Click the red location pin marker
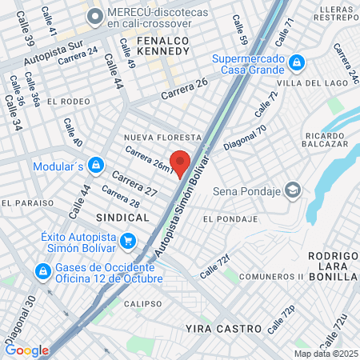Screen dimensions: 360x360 pos(180,162)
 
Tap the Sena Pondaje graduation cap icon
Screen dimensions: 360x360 pos(293,190)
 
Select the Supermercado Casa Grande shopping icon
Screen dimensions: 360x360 pos(297,62)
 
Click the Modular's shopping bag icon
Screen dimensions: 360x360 pos(96,166)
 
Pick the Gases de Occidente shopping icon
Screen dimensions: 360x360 pos(39,272)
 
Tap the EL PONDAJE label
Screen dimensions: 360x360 pos(230,218)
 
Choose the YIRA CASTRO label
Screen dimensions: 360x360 pos(223,329)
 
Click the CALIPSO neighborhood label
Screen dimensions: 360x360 pos(143,304)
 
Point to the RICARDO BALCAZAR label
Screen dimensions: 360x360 pos(325,142)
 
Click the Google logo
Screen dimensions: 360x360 pos(26,350)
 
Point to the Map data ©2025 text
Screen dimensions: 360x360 pos(326,354)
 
